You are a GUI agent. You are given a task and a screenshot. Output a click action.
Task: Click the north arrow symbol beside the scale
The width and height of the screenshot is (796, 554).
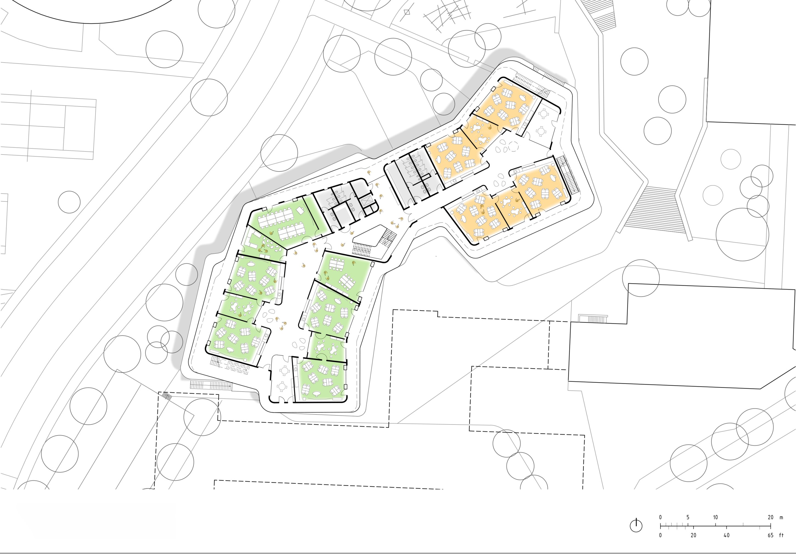pyautogui.click(x=636, y=525)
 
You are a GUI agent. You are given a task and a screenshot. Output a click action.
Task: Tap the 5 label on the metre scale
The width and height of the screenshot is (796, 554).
pyautogui.click(x=688, y=517)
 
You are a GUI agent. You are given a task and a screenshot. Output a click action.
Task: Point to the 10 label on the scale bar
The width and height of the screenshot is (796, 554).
pyautogui.click(x=715, y=517)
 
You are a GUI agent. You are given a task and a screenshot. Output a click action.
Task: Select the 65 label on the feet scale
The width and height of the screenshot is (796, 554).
pyautogui.click(x=770, y=535)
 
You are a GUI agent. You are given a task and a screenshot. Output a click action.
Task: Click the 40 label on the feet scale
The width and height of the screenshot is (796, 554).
pyautogui.click(x=726, y=535)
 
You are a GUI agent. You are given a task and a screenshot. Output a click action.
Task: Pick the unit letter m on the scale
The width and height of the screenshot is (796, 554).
pyautogui.click(x=781, y=518)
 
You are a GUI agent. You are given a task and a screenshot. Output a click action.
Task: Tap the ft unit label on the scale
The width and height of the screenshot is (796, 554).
pyautogui.click(x=781, y=535)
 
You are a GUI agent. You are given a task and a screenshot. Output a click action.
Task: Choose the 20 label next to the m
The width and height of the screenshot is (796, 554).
pyautogui.click(x=770, y=517)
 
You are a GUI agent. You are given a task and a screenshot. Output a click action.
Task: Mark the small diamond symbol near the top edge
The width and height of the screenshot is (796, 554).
pyautogui.click(x=407, y=12)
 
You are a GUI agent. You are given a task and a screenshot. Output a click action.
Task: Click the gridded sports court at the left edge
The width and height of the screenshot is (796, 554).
pyautogui.click(x=48, y=126)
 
